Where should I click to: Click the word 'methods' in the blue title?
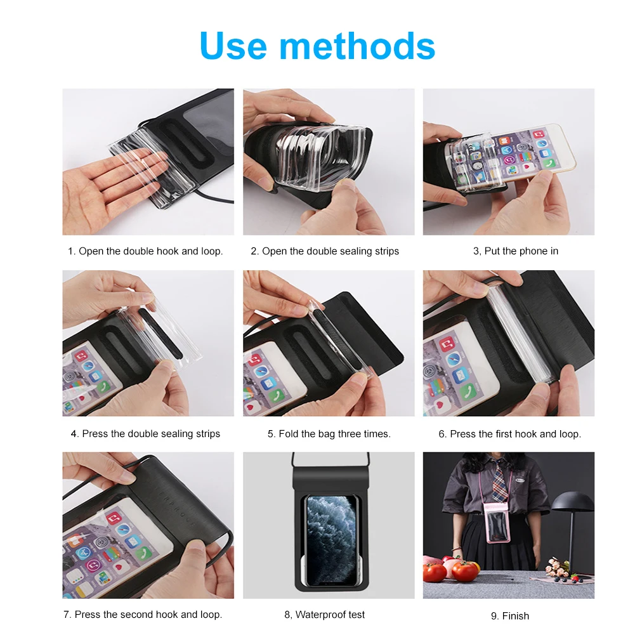pyautogui.click(x=358, y=46)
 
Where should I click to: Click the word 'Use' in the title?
pyautogui.click(x=233, y=46)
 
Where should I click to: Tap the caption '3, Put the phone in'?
pyautogui.click(x=516, y=251)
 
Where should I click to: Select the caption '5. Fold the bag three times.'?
pyautogui.click(x=329, y=434)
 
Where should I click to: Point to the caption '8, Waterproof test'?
pyautogui.click(x=324, y=614)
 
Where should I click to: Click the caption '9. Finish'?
pyautogui.click(x=510, y=616)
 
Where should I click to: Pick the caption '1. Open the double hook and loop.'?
pyautogui.click(x=145, y=251)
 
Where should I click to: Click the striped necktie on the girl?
pyautogui.click(x=500, y=481)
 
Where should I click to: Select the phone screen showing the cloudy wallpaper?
pyautogui.click(x=332, y=540)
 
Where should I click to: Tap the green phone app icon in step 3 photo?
pyautogui.click(x=549, y=164)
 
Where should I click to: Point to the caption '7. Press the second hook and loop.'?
pyautogui.click(x=143, y=614)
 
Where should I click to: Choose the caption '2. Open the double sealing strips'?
pyautogui.click(x=325, y=251)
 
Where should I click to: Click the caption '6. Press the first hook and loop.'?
pyautogui.click(x=510, y=434)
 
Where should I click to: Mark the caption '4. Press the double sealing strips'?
pyautogui.click(x=145, y=434)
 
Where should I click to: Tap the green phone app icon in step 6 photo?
pyautogui.click(x=469, y=393)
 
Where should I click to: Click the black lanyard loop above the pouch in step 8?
pyautogui.click(x=331, y=460)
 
